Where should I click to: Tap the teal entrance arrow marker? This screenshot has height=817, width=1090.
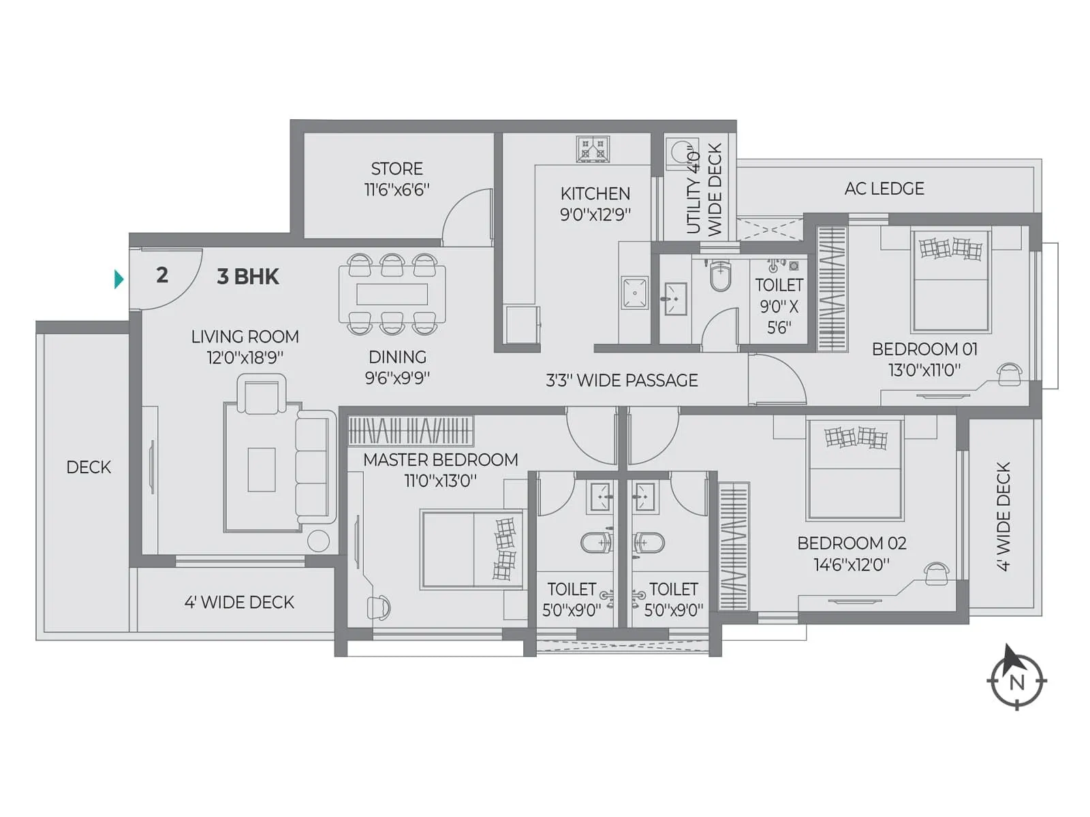pyautogui.click(x=119, y=279)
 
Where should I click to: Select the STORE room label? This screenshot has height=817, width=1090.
pyautogui.click(x=396, y=169)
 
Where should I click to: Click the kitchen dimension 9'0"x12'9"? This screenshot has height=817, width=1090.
pyautogui.click(x=595, y=214)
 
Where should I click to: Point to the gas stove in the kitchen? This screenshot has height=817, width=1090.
pyautogui.click(x=593, y=149)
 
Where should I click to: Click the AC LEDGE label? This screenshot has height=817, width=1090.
pyautogui.click(x=884, y=189)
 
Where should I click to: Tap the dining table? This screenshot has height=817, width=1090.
pyautogui.click(x=392, y=294)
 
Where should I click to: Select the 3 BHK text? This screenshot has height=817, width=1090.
pyautogui.click(x=248, y=276)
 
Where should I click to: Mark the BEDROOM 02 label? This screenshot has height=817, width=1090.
pyautogui.click(x=852, y=543)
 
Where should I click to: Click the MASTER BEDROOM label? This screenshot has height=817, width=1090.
pyautogui.click(x=440, y=460)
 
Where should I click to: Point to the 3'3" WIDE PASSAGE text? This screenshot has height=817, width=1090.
pyautogui.click(x=621, y=381)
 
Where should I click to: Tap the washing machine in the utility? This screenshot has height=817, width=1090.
pyautogui.click(x=679, y=153)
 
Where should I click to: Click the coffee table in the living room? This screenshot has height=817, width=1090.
pyautogui.click(x=262, y=469)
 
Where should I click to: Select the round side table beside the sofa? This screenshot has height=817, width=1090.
pyautogui.click(x=318, y=541)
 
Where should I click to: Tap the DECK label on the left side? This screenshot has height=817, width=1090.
pyautogui.click(x=89, y=467)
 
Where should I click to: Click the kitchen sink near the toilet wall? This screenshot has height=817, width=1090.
pyautogui.click(x=635, y=293)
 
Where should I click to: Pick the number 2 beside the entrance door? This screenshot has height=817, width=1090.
pyautogui.click(x=161, y=275)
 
